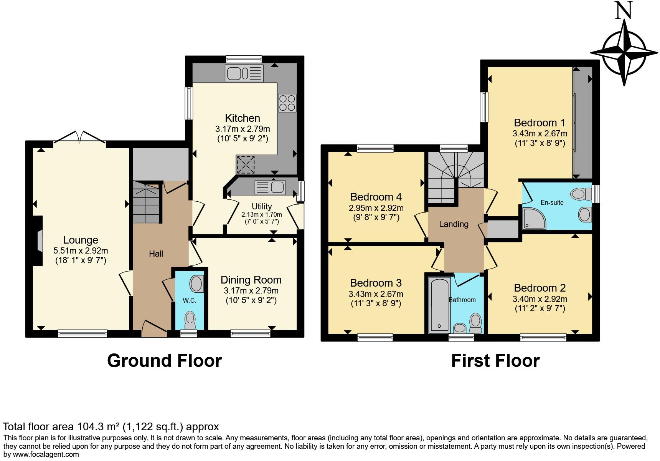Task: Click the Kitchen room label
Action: point(243,118)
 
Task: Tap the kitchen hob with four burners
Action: point(287,103)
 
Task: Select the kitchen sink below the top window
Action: point(244,73)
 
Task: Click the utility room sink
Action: point(270,187)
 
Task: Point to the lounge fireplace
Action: point(38,241)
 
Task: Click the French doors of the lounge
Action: point(80,138)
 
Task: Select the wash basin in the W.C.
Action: point(196,284)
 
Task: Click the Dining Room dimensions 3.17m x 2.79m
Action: point(251,291)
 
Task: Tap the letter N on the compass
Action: point(624,10)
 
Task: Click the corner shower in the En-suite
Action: point(534,218)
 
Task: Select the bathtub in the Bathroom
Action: point(439,304)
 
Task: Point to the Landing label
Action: point(454,224)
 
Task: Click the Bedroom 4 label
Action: point(376,197)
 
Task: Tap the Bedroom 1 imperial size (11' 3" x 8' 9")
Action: point(540,144)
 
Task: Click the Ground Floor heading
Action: point(164,361)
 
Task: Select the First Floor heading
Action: point(495,361)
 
